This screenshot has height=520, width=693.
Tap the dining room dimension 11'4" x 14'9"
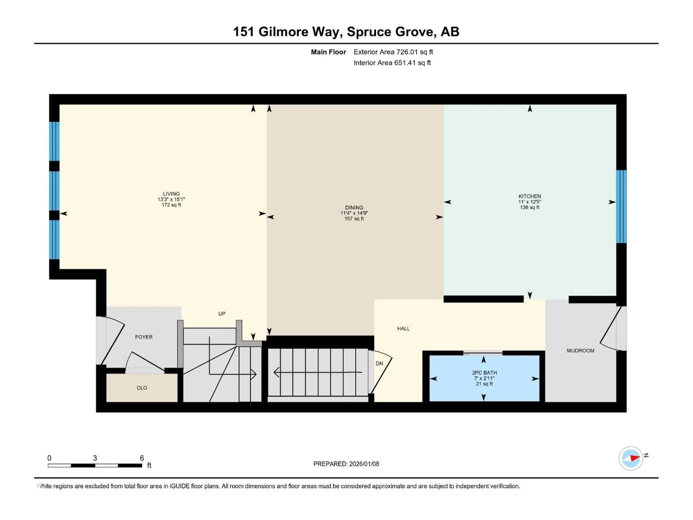coord(354,213)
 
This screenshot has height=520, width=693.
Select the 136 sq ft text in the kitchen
coord(529,207)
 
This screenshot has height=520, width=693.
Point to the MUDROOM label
coord(580,351)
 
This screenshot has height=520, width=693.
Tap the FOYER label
coord(144,337)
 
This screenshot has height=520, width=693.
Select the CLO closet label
coord(142,388)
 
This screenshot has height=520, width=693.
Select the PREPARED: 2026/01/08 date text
coord(346,464)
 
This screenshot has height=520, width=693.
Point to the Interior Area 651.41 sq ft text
coord(392,63)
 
